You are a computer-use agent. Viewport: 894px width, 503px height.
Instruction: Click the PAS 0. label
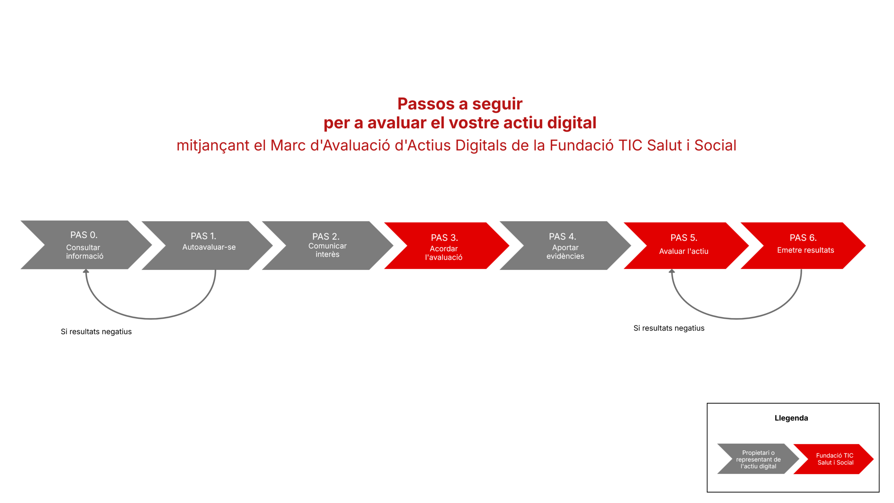pyautogui.click(x=84, y=235)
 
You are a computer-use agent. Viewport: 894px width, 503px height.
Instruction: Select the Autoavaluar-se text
pyautogui.click(x=209, y=247)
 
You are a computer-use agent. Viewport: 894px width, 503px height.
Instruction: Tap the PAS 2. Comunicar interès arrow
pyautogui.click(x=328, y=245)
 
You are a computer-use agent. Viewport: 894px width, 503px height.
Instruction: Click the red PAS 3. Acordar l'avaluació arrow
pyautogui.click(x=447, y=246)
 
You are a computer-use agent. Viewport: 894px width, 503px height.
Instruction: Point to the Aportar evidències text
pyautogui.click(x=565, y=251)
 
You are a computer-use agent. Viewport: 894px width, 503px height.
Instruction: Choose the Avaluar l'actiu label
pyautogui.click(x=683, y=251)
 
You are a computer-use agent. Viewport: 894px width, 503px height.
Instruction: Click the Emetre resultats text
pyautogui.click(x=805, y=250)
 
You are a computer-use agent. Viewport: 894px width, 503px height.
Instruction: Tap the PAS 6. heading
pyautogui.click(x=803, y=238)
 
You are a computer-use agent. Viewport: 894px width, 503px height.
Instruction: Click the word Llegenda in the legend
pyautogui.click(x=791, y=418)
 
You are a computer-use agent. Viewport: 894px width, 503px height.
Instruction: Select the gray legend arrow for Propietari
pyautogui.click(x=758, y=459)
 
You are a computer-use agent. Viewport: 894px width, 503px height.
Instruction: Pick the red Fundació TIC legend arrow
pyautogui.click(x=833, y=459)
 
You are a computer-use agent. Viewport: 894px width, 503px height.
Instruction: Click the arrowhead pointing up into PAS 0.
pyautogui.click(x=86, y=271)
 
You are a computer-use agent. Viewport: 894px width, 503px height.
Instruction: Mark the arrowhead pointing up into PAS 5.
pyautogui.click(x=672, y=271)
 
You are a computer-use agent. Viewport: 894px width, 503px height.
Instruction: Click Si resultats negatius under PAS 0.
pyautogui.click(x=96, y=331)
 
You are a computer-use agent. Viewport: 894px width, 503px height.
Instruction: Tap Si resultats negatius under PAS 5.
pyautogui.click(x=669, y=328)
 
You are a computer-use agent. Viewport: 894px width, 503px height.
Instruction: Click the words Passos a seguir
pyautogui.click(x=460, y=104)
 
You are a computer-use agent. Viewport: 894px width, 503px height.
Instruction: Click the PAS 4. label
pyautogui.click(x=562, y=236)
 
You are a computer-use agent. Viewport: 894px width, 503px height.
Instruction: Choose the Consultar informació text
pyautogui.click(x=85, y=251)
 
